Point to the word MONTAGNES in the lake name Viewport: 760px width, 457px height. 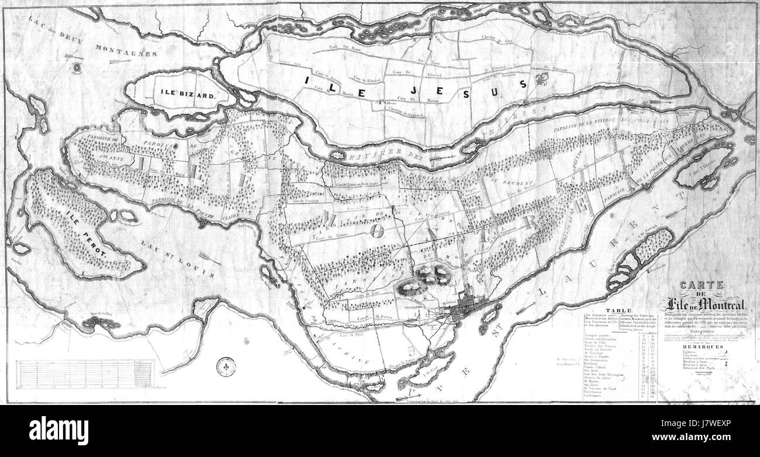pyautogui.click(x=126, y=53)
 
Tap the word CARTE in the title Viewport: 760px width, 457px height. pyautogui.click(x=703, y=285)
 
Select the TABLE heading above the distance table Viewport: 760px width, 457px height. pyautogui.click(x=618, y=311)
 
